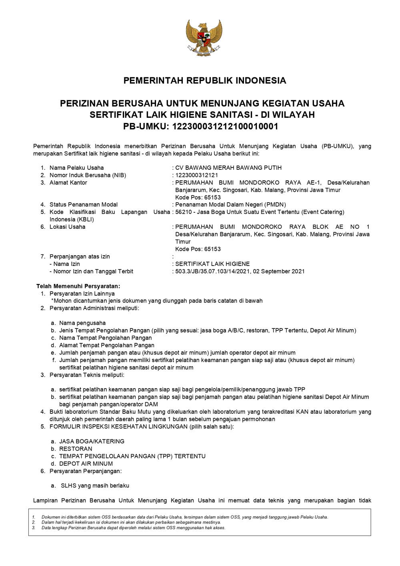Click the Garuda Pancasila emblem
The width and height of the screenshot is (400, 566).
[x=204, y=38]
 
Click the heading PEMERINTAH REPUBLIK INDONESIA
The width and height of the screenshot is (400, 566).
[x=204, y=81]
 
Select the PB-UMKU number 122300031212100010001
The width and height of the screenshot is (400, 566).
[x=225, y=127]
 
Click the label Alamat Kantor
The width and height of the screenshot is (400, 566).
[x=68, y=183]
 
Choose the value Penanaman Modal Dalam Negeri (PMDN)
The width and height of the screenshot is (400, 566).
[x=231, y=205]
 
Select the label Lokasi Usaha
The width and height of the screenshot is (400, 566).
[x=67, y=227]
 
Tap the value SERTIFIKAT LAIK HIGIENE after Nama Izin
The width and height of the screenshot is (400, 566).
[x=212, y=264]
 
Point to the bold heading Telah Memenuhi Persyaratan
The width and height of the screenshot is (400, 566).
[x=78, y=286]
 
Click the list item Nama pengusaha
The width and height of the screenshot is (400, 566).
[x=82, y=323]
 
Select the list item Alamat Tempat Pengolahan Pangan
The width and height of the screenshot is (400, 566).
[x=106, y=345]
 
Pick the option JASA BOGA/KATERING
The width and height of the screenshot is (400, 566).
[x=92, y=441]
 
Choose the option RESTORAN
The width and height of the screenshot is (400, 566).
[x=76, y=449]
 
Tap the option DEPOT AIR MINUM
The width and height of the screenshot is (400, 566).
[x=86, y=463]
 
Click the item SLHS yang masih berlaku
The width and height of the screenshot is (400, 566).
[x=95, y=485]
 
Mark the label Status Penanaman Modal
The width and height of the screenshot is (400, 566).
[x=83, y=205]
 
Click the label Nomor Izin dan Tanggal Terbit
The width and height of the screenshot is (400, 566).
[x=91, y=271]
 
